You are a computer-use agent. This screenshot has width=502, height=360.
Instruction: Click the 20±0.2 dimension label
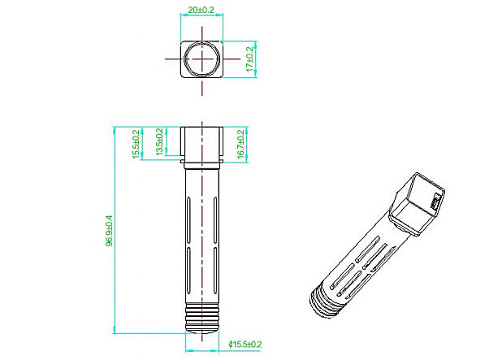pyautogui.click(x=201, y=10)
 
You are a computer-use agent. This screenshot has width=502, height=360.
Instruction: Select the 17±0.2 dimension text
pyautogui.click(x=249, y=59)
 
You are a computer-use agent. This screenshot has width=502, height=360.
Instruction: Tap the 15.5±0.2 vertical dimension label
pyautogui.click(x=136, y=144)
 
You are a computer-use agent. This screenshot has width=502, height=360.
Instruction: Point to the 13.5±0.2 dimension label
pyautogui.click(x=159, y=142)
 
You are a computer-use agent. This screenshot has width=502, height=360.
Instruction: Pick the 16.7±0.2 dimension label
pyautogui.click(x=240, y=144)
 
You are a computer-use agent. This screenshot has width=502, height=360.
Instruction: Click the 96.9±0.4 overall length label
pyautogui.click(x=110, y=231)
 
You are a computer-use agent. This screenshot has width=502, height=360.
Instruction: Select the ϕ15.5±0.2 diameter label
pyautogui.click(x=245, y=345)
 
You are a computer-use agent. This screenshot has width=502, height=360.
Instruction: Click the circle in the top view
pyautogui.click(x=202, y=59)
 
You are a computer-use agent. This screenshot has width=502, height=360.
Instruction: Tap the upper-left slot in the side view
pyautogui.click(x=188, y=219)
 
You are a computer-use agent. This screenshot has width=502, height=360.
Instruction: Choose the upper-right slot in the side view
pyautogui.click(x=215, y=219)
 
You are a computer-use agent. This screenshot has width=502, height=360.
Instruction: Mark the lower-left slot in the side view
pyautogui.click(x=188, y=271)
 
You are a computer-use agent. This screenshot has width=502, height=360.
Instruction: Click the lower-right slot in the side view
pyautogui.click(x=215, y=271)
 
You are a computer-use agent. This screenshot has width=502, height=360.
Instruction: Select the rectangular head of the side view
pyautogui.click(x=202, y=144)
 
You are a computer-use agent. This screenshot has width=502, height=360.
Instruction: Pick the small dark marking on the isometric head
pyautogui.click(x=435, y=202)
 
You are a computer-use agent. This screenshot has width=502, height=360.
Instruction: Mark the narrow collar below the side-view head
pyautogui.click(x=202, y=164)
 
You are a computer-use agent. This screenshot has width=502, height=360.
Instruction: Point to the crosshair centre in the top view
pyautogui.click(x=202, y=59)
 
